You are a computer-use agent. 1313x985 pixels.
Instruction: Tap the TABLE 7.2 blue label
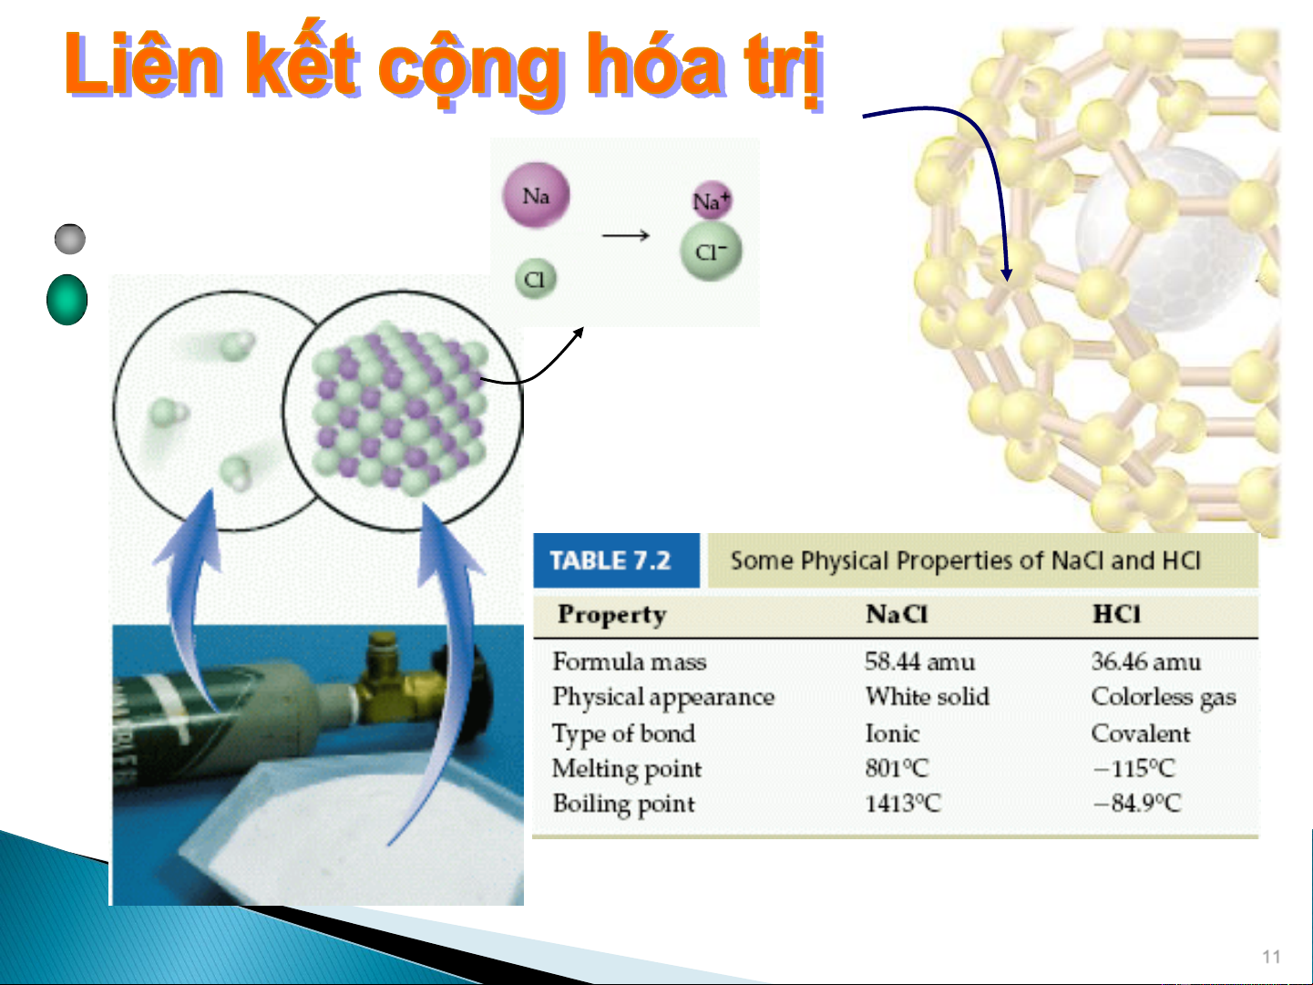tap(616, 560)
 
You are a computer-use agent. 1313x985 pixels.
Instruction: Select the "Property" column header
tap(611, 615)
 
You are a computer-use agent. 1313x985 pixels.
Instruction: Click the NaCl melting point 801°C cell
tap(896, 768)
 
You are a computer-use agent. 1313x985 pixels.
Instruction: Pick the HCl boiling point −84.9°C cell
tap(1136, 803)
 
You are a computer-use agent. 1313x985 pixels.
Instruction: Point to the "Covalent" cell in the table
tap(1140, 734)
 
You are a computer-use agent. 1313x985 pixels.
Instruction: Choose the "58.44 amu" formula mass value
tap(919, 662)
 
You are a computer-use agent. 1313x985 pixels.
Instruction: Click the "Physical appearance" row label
tap(662, 698)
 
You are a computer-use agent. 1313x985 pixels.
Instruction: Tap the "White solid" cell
tap(927, 697)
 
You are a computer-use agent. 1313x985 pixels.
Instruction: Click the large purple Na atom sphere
tap(536, 195)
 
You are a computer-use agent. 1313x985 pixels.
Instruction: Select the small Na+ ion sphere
tap(712, 200)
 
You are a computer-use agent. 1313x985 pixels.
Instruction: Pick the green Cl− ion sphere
tap(711, 251)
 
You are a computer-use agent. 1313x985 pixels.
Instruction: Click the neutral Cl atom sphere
tap(535, 279)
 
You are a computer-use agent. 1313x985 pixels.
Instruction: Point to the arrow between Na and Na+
tap(626, 236)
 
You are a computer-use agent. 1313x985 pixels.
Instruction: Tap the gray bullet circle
tap(70, 240)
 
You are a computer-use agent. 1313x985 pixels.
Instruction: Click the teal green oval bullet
tap(67, 300)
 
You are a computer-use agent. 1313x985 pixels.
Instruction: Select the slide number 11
tap(1271, 957)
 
